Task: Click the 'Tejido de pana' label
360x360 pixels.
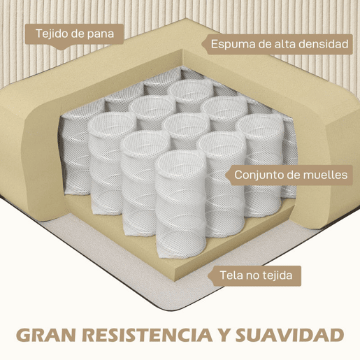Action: (x=75, y=34)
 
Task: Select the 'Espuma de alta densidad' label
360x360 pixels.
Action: (x=279, y=44)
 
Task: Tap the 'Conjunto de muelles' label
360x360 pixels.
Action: (x=291, y=175)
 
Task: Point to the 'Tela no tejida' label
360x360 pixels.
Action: (x=256, y=275)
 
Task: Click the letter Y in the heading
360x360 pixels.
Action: (x=224, y=336)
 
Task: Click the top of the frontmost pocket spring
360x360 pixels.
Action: (x=180, y=161)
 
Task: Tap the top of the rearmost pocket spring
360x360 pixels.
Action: (x=191, y=89)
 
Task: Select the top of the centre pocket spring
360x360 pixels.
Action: (x=186, y=124)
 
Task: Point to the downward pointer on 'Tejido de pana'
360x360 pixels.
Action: (x=61, y=48)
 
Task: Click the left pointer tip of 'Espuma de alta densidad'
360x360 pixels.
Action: (x=202, y=44)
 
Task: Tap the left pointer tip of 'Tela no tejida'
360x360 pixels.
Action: (x=208, y=276)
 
